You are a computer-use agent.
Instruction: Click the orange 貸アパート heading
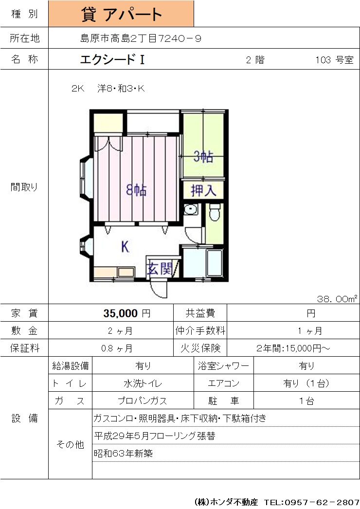(121, 14)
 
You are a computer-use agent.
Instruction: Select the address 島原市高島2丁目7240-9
(141, 38)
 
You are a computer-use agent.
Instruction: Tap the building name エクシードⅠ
(112, 59)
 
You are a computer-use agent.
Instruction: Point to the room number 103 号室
(334, 60)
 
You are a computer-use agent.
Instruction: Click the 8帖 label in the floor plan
(136, 190)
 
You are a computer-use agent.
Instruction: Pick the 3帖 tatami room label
(203, 157)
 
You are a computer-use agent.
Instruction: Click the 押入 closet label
(203, 190)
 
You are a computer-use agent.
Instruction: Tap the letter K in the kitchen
(125, 247)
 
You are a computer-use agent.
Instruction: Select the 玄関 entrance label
(159, 269)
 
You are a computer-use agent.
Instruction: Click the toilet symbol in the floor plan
(214, 213)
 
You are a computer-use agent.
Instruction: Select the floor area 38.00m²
(337, 299)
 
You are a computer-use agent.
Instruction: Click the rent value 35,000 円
(127, 313)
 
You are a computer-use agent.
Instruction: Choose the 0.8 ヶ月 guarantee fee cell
(117, 348)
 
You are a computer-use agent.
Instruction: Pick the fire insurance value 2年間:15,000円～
(293, 348)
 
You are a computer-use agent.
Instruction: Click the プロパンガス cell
(143, 401)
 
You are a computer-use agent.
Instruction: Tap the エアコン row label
(223, 383)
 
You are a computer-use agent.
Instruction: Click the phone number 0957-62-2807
(322, 502)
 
